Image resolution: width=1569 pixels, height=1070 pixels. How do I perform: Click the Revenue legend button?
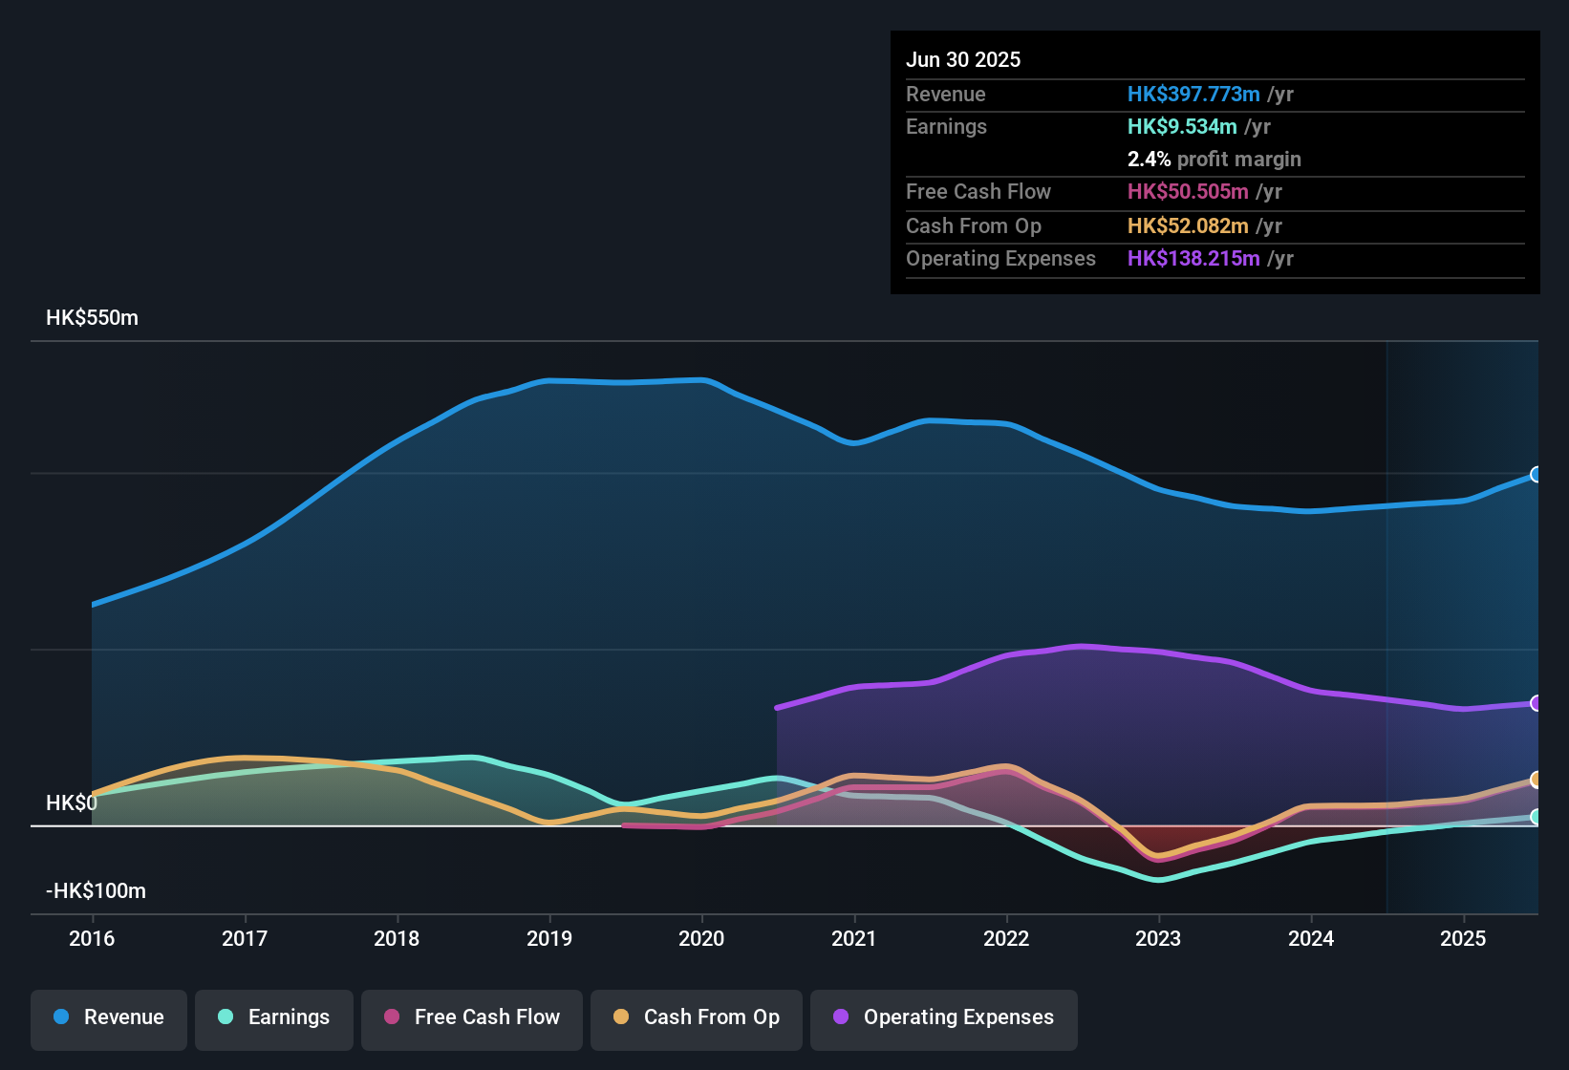pyautogui.click(x=109, y=1017)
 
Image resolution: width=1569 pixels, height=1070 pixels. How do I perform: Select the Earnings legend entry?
pyautogui.click(x=274, y=1017)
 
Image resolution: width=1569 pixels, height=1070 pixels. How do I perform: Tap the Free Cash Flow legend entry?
pyautogui.click(x=472, y=1017)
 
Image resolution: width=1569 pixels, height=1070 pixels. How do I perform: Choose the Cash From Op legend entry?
pyautogui.click(x=697, y=1017)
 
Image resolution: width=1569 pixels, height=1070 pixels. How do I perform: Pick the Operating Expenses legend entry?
pyautogui.click(x=944, y=1017)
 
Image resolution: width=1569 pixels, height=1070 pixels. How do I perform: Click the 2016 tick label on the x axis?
pyautogui.click(x=92, y=938)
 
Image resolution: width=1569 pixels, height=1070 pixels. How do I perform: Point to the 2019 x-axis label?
pyautogui.click(x=549, y=938)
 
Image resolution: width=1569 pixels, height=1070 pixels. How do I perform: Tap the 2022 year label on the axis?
pyautogui.click(x=1006, y=938)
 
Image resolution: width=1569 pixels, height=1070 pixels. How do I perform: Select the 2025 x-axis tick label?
pyautogui.click(x=1463, y=938)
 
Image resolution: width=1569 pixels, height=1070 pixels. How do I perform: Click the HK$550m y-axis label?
pyautogui.click(x=92, y=318)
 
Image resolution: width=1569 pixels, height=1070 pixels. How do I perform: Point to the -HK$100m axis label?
pyautogui.click(x=96, y=891)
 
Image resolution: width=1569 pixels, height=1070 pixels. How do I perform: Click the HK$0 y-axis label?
pyautogui.click(x=72, y=803)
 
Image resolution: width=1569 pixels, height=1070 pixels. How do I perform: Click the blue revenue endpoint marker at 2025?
pyautogui.click(x=1536, y=475)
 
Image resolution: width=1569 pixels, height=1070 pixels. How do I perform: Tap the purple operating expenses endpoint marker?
pyautogui.click(x=1536, y=703)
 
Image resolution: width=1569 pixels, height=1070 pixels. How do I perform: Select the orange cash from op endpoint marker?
pyautogui.click(x=1536, y=780)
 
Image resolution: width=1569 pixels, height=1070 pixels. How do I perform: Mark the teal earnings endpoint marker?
pyautogui.click(x=1536, y=817)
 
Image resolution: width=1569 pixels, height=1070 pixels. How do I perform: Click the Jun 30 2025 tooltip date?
pyautogui.click(x=963, y=60)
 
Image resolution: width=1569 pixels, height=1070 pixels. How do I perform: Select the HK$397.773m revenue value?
pyautogui.click(x=1193, y=95)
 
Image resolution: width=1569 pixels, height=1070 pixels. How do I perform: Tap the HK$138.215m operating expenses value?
pyautogui.click(x=1193, y=259)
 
